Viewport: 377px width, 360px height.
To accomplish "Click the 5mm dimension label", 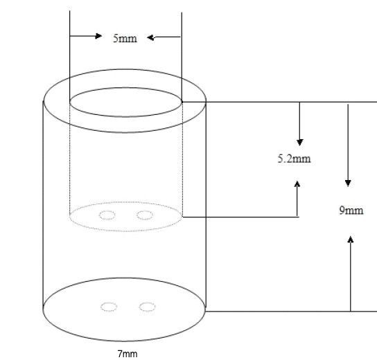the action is point(125,38).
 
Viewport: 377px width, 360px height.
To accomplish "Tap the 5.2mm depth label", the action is point(294,159).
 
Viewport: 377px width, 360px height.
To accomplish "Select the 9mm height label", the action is point(351,210).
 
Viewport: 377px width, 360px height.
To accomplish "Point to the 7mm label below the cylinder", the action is point(128,354).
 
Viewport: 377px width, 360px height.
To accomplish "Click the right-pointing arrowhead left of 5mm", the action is point(98,36).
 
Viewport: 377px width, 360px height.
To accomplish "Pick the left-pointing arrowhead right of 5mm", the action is point(150,37).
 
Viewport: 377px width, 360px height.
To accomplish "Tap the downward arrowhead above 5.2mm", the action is point(299,142).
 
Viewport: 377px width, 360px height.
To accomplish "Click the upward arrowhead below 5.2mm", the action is point(297,184).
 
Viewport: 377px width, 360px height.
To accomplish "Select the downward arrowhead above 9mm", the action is point(348,183).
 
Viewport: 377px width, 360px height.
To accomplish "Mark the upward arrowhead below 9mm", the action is point(351,240).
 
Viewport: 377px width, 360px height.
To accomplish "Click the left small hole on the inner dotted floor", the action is point(107,215).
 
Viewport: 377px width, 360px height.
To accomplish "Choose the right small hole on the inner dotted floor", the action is point(145,215).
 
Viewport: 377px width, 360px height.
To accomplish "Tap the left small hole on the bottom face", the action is point(109,307).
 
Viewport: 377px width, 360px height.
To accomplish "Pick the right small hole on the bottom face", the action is point(147,307).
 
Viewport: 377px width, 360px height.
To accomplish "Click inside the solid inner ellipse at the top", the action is point(125,102).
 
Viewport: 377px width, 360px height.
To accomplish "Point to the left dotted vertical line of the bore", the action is point(70,159).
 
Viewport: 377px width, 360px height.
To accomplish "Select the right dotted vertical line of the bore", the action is point(182,159).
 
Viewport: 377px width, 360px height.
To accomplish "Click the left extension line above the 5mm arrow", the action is point(70,57).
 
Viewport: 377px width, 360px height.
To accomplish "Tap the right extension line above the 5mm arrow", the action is point(182,57).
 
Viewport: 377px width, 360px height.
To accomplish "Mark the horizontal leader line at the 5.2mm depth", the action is point(241,217).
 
